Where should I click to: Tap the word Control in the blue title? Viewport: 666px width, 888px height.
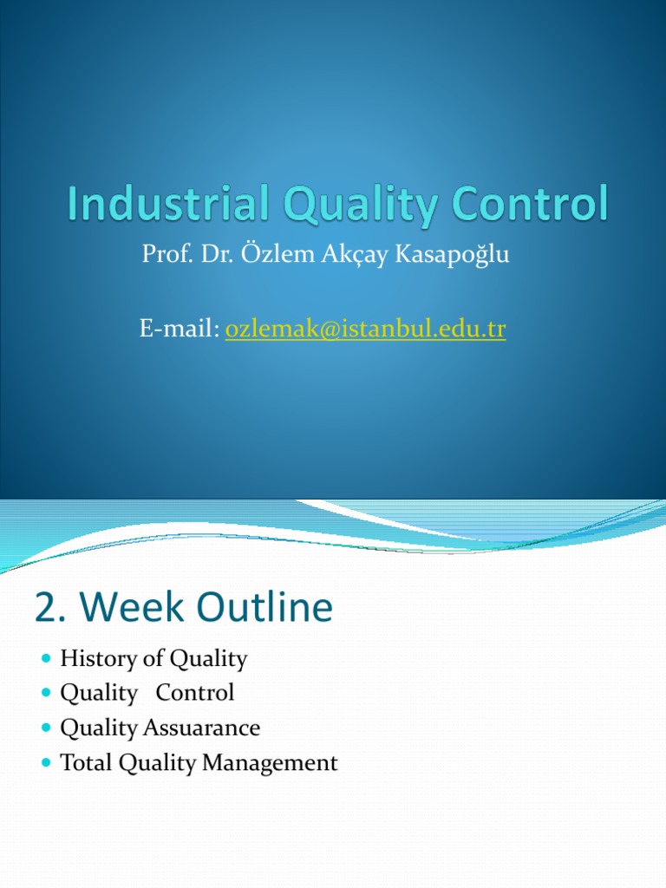[x=530, y=203]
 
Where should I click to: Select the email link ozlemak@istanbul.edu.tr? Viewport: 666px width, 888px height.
[x=365, y=329]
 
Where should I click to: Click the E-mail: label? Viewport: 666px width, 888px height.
[x=180, y=328]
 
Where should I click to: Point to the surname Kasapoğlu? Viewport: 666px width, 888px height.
[x=452, y=254]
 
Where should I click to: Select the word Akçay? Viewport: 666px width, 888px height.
[x=355, y=254]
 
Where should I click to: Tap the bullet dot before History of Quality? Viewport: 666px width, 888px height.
[x=47, y=658]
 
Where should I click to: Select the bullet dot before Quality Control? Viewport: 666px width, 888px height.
[x=47, y=693]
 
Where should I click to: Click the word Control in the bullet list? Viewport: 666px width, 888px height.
[x=195, y=693]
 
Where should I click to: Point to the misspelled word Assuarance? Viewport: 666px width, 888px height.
[x=201, y=728]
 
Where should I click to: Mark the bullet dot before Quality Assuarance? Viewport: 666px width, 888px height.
[x=47, y=728]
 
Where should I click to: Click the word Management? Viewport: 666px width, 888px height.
[x=271, y=763]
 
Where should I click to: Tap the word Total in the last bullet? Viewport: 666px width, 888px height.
[x=87, y=762]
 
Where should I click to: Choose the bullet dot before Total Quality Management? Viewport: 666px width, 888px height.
[x=47, y=763]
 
